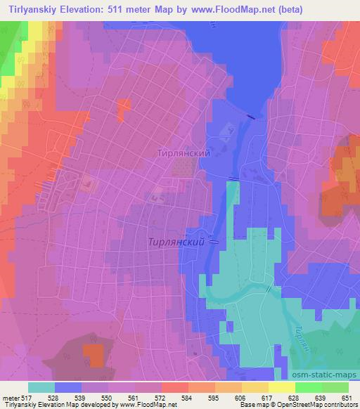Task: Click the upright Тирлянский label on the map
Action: pos(184,152)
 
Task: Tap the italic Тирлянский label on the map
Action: pos(176,241)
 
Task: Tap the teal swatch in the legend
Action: pos(41,387)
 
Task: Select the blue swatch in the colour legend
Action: pos(68,387)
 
